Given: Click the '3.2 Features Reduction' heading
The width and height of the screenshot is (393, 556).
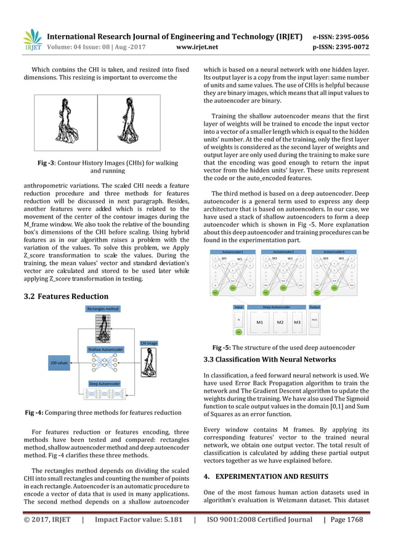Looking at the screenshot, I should [x=64, y=296].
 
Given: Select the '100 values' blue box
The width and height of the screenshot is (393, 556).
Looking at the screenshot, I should [x=59, y=363].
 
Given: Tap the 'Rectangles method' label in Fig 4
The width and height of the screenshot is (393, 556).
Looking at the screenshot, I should [x=103, y=309].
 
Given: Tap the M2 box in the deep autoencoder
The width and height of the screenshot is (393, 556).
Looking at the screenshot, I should [x=280, y=322].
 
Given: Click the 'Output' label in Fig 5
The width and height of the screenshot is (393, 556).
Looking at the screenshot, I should [x=315, y=306].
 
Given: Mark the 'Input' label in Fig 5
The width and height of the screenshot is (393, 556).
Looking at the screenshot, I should [x=239, y=306].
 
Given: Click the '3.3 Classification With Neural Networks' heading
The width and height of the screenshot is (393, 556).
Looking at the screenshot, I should [x=270, y=359].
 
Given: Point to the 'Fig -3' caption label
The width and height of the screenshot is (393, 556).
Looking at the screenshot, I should [x=51, y=163].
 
